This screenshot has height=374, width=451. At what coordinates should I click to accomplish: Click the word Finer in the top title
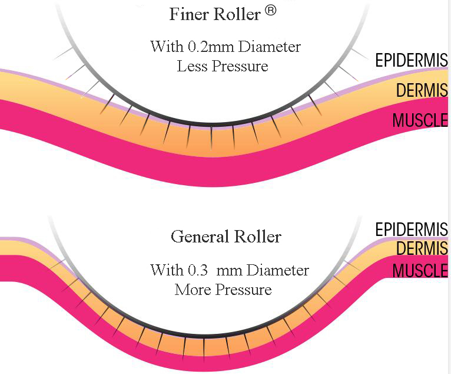[x=189, y=14]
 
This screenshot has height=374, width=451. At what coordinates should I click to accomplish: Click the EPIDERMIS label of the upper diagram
[x=412, y=60]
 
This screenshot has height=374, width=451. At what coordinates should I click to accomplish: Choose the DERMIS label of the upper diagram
[x=422, y=91]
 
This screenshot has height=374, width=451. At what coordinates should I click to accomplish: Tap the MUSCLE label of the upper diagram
[x=420, y=120]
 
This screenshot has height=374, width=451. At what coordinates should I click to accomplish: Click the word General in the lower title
[x=197, y=237]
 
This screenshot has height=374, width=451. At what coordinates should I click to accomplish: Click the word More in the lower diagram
[x=191, y=290]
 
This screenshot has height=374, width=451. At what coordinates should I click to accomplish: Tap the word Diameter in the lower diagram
[x=277, y=271]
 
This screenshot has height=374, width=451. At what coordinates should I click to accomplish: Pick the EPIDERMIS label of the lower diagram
[x=412, y=229]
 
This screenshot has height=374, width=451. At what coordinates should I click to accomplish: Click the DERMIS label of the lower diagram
[x=422, y=249]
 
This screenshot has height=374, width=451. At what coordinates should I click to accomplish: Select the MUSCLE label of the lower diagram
[x=420, y=271]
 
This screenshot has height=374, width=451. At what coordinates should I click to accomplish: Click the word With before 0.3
[x=167, y=271]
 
